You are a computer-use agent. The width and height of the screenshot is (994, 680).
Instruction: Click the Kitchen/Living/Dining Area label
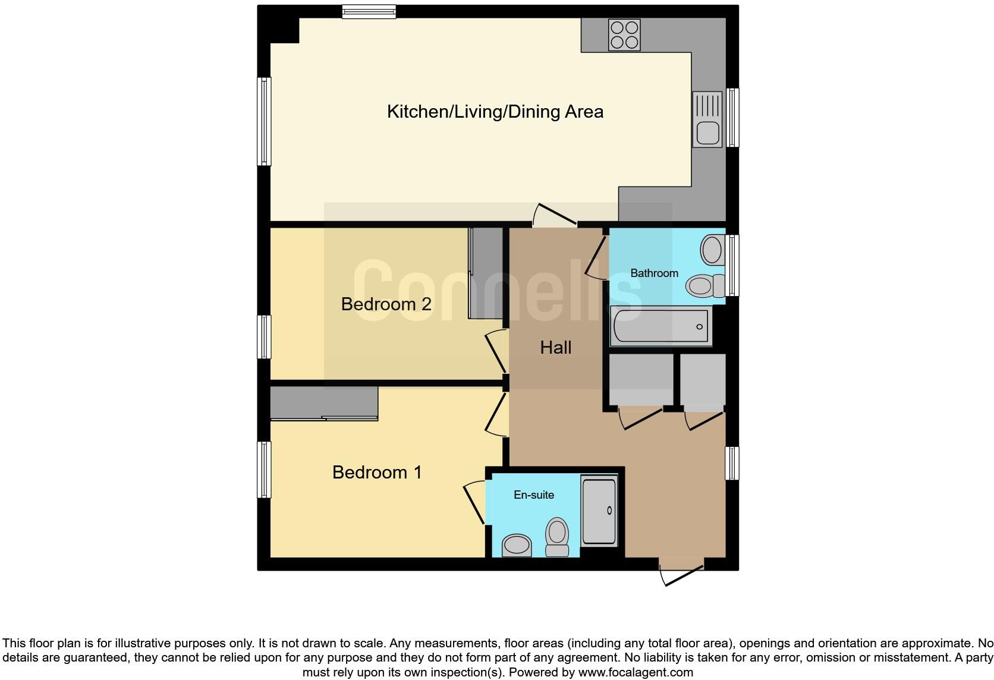tap(495, 112)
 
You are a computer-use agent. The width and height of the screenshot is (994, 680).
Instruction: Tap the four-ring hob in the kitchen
tap(624, 34)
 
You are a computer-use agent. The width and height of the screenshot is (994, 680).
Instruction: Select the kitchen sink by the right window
tap(707, 119)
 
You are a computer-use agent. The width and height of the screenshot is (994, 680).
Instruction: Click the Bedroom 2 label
tap(386, 304)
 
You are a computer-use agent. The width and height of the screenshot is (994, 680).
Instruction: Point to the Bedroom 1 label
tap(377, 473)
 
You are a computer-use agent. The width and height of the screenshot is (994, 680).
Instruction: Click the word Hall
tap(555, 348)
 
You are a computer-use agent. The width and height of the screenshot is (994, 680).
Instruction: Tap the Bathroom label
tap(654, 273)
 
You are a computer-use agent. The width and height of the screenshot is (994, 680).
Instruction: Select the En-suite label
tap(534, 495)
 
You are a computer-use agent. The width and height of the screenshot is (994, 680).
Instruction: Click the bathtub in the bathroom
tap(660, 326)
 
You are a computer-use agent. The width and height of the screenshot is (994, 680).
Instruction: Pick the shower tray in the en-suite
tap(599, 511)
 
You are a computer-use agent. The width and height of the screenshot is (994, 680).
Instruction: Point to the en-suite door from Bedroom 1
tap(474, 503)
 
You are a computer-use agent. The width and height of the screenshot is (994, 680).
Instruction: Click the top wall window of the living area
tap(369, 11)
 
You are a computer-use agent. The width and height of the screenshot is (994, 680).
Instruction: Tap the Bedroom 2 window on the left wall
tap(264, 337)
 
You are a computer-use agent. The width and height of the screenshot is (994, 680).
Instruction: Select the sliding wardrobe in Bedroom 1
tap(324, 404)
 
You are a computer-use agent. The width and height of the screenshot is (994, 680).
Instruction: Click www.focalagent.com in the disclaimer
tap(635, 673)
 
